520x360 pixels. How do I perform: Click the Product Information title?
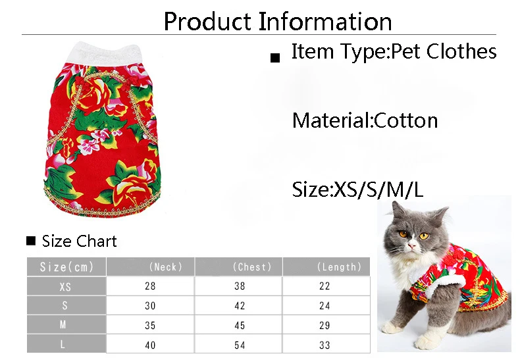click(278, 22)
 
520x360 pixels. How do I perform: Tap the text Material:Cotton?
click(365, 120)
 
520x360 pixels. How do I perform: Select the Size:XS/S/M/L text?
click(357, 190)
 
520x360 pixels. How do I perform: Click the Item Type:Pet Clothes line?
click(394, 52)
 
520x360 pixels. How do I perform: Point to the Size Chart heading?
click(79, 241)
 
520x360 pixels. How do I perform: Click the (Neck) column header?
click(165, 267)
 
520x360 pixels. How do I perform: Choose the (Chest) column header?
click(252, 267)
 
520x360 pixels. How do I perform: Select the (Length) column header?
click(339, 267)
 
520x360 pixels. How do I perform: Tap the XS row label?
click(65, 287)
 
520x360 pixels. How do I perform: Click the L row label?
click(63, 345)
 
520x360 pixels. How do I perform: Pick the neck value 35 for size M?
click(150, 326)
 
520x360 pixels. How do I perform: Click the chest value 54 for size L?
click(240, 345)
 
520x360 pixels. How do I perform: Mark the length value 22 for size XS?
click(325, 286)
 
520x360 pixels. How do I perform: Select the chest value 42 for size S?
click(240, 305)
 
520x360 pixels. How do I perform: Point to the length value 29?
click(325, 326)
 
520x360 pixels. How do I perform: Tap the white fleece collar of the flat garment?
click(104, 54)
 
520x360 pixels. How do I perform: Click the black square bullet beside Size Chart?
click(31, 241)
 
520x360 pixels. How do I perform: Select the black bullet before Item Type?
click(275, 58)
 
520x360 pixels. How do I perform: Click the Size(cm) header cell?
click(66, 267)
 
